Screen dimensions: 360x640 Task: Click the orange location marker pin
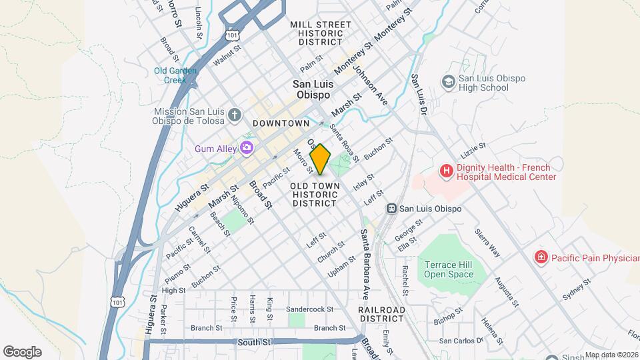pyautogui.click(x=320, y=159)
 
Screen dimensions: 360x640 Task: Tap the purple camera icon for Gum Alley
pyautogui.click(x=247, y=147)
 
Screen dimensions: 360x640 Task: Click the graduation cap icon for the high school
pyautogui.click(x=449, y=81)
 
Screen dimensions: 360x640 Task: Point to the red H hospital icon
pyautogui.click(x=445, y=171)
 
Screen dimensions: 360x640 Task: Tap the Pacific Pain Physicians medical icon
pyautogui.click(x=541, y=257)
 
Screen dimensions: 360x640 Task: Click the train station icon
pyautogui.click(x=393, y=209)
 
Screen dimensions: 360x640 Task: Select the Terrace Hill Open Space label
pyautogui.click(x=448, y=269)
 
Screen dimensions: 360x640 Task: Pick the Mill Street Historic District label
pyautogui.click(x=320, y=33)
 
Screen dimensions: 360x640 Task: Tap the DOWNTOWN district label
pyautogui.click(x=281, y=123)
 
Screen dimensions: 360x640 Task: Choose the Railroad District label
pyautogui.click(x=381, y=315)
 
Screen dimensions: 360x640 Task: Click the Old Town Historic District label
pyautogui.click(x=316, y=194)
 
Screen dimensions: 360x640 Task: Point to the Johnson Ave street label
pyautogui.click(x=371, y=85)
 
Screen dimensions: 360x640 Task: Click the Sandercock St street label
pyautogui.click(x=309, y=309)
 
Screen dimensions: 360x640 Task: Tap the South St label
pyautogui.click(x=255, y=342)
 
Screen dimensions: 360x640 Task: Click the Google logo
pyautogui.click(x=22, y=351)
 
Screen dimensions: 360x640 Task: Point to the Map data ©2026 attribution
pyautogui.click(x=611, y=355)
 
